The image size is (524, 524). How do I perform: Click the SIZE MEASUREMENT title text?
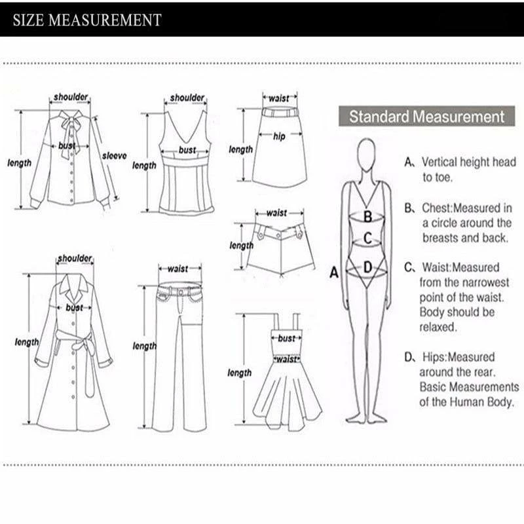(x=87, y=20)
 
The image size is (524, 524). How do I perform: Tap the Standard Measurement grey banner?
(x=426, y=117)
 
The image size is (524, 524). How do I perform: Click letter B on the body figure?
(x=368, y=215)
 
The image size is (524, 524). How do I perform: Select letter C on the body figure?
(x=368, y=239)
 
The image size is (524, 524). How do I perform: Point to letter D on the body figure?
(x=367, y=267)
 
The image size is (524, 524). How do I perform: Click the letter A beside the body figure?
(x=333, y=272)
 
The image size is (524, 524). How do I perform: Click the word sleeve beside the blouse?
(x=115, y=156)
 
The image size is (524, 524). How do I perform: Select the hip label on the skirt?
(x=280, y=136)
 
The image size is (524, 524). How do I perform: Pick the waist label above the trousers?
(x=178, y=269)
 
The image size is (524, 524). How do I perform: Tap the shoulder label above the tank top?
(x=187, y=98)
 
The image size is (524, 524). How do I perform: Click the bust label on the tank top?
(x=187, y=151)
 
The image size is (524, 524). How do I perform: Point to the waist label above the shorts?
(x=276, y=213)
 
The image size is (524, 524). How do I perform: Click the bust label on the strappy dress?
(x=286, y=339)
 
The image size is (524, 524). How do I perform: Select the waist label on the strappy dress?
(x=286, y=359)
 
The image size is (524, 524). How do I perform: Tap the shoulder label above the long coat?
(x=75, y=259)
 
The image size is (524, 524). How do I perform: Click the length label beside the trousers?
(x=145, y=346)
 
